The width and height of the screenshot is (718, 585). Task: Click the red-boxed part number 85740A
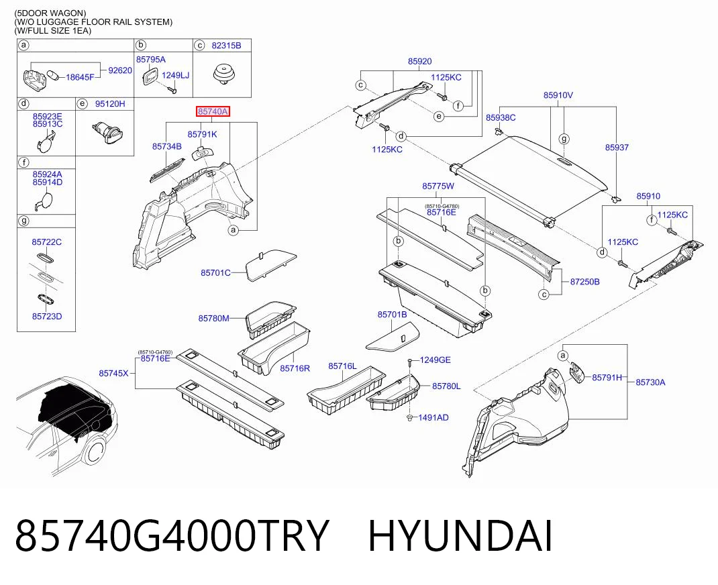coord(213,111)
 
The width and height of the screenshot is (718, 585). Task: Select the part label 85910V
coord(558,95)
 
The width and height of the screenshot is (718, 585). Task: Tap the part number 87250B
coord(584,282)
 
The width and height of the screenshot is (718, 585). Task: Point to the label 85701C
coord(215,273)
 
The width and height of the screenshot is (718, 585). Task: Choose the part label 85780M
coord(214,318)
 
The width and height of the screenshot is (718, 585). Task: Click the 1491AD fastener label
coord(433,417)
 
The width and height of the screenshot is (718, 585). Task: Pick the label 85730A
coord(650,382)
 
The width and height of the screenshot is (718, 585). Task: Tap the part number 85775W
coord(438,186)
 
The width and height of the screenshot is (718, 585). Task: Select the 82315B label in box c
coord(226,46)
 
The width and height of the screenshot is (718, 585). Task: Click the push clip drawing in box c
coord(223,74)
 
